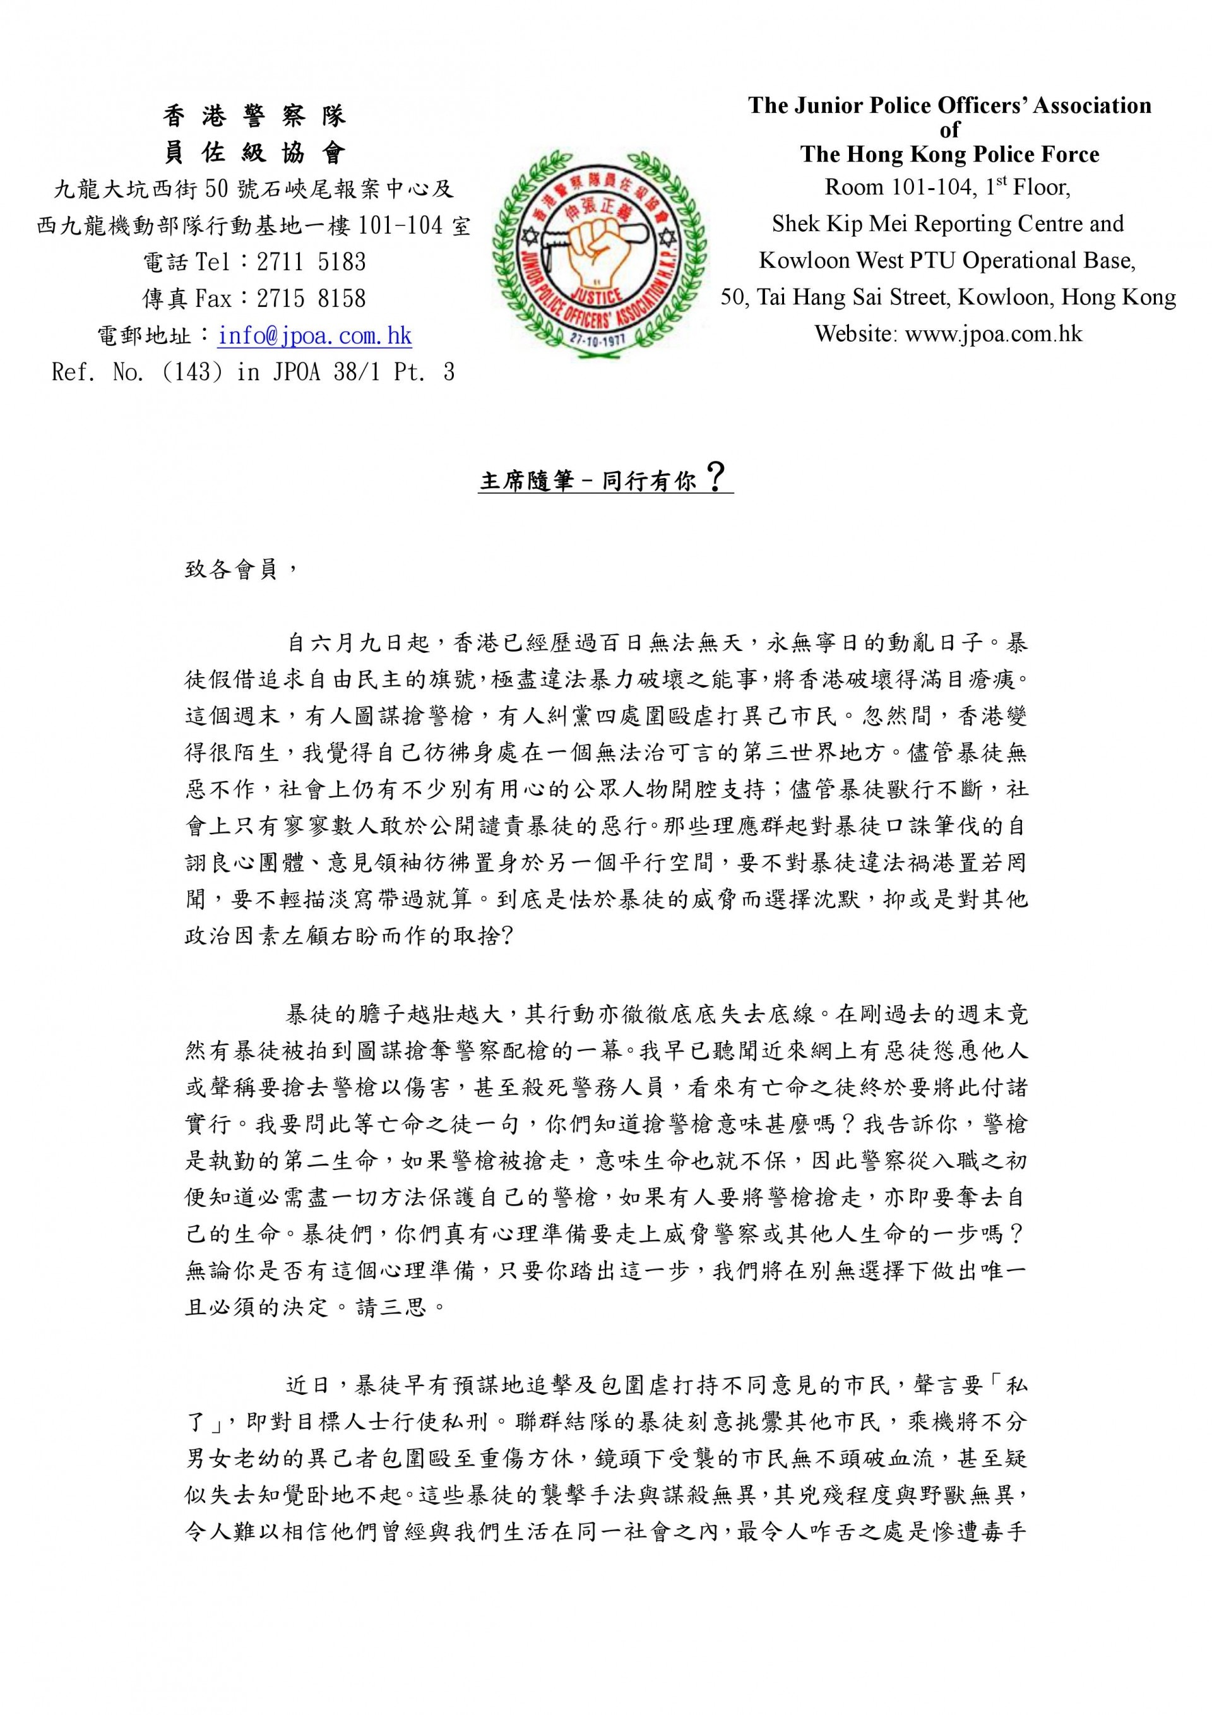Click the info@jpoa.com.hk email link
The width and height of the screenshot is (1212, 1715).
[x=314, y=335]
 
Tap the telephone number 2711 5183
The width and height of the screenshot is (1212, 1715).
[x=311, y=261]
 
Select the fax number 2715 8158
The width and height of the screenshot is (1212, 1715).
[x=311, y=299]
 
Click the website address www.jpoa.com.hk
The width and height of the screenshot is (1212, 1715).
[x=993, y=333]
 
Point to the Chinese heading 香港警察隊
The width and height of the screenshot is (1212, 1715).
[x=254, y=116]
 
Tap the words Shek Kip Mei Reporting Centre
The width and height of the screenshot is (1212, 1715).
[x=896, y=224]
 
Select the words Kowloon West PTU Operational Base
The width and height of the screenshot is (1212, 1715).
[x=947, y=260]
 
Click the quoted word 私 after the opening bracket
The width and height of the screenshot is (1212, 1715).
[x=1016, y=1387]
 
